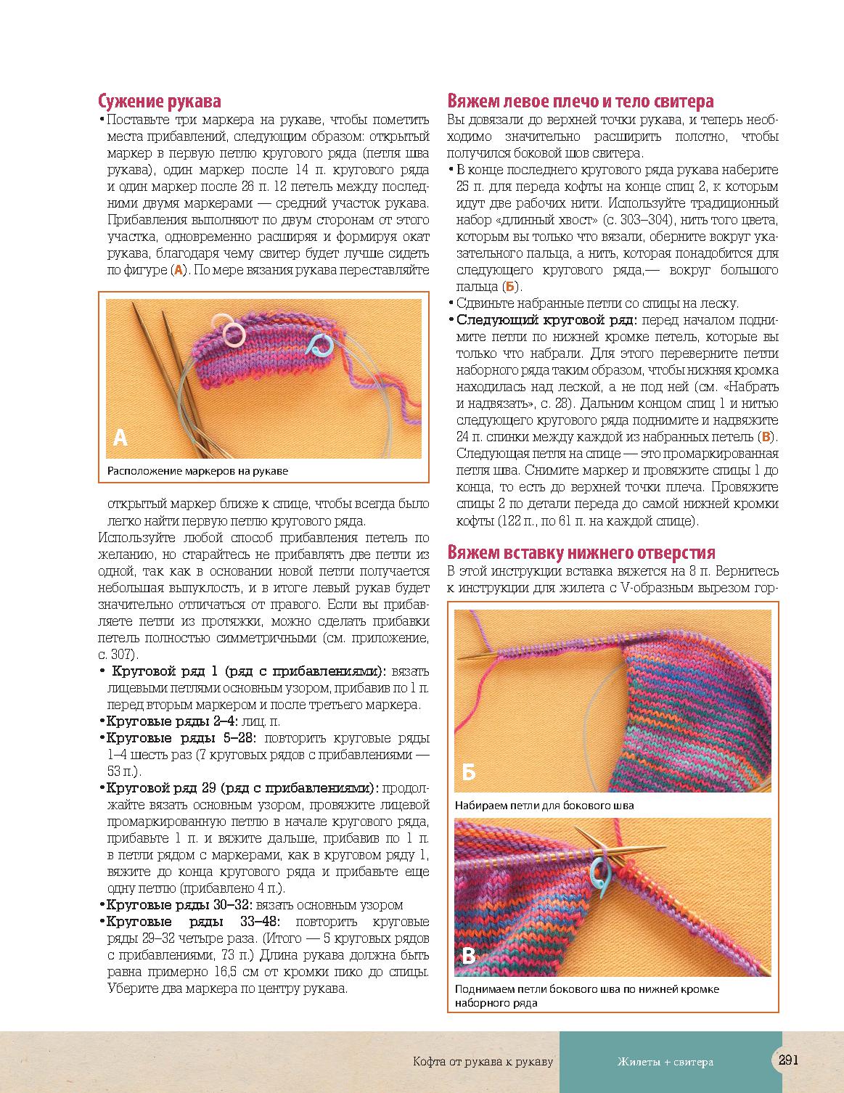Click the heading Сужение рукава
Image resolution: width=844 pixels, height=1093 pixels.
[159, 102]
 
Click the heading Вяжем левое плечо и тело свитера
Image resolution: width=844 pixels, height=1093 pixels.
[580, 102]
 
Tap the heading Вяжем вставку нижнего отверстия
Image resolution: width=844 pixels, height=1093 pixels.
[581, 553]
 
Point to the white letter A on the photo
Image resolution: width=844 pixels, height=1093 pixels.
[120, 438]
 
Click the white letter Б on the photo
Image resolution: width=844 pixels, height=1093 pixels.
[469, 772]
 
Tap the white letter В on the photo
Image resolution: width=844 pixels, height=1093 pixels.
[469, 956]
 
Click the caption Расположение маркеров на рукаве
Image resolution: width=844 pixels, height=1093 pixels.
[197, 471]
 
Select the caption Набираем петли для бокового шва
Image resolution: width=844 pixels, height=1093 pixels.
[544, 805]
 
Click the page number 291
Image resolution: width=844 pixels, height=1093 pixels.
[788, 1060]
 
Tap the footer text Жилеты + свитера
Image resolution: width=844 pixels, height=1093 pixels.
[665, 1062]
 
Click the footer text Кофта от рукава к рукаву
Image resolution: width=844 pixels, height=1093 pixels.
[483, 1062]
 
